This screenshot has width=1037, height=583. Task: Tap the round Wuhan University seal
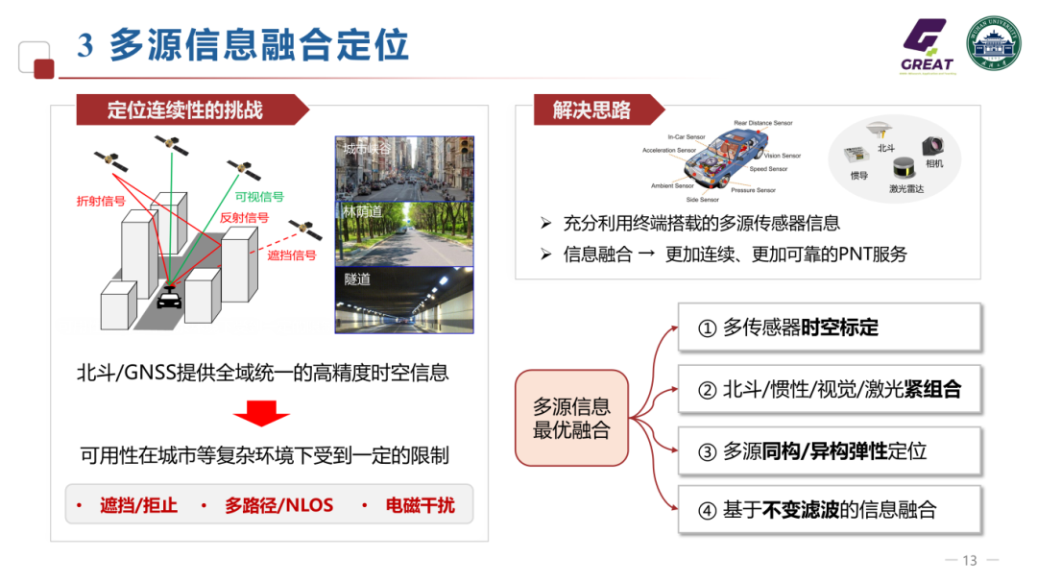pyautogui.click(x=993, y=45)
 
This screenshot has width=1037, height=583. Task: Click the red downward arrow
pyautogui.click(x=261, y=412)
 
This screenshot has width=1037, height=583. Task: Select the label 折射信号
pyautogui.click(x=101, y=201)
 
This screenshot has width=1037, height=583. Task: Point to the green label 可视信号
pyautogui.click(x=259, y=197)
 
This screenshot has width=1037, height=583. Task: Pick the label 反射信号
pyautogui.click(x=244, y=218)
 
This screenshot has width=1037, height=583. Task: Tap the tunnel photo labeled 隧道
pyautogui.click(x=404, y=301)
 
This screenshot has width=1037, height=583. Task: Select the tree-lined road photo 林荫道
pyautogui.click(x=404, y=234)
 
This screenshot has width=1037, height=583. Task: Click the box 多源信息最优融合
pyautogui.click(x=571, y=419)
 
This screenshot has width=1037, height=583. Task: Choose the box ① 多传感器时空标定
pyautogui.click(x=830, y=328)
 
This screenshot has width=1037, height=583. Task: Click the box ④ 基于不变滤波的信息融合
pyautogui.click(x=830, y=510)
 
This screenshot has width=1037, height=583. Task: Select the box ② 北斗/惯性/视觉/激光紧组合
pyautogui.click(x=830, y=389)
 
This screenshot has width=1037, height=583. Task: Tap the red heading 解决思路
pyautogui.click(x=591, y=110)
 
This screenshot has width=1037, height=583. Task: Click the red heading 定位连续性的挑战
pyautogui.click(x=185, y=110)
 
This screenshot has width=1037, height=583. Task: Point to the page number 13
pyautogui.click(x=969, y=561)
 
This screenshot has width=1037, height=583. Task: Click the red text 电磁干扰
pyautogui.click(x=420, y=504)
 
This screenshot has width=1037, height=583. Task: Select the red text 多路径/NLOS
pyautogui.click(x=278, y=504)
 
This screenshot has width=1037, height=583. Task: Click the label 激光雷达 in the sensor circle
pyautogui.click(x=905, y=189)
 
